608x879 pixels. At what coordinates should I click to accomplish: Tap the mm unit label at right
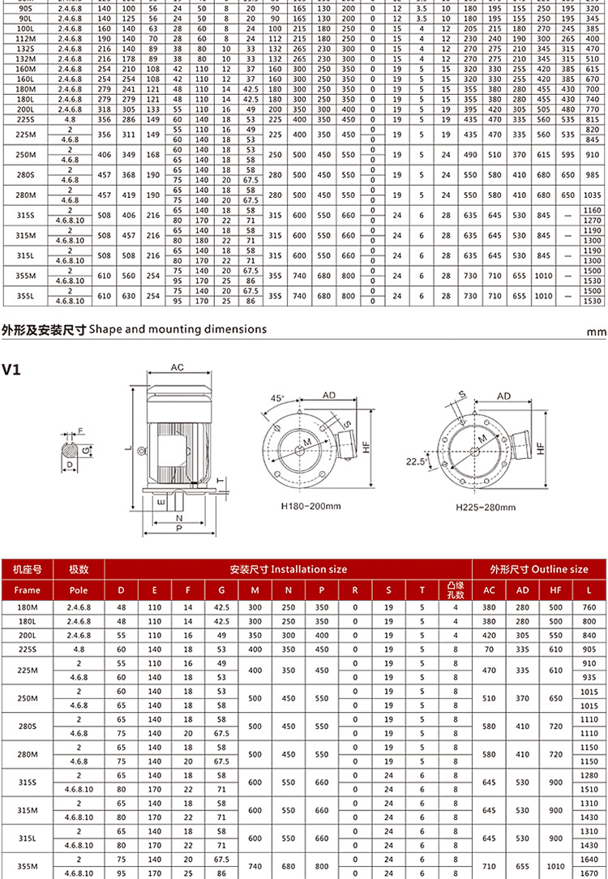tap(597, 332)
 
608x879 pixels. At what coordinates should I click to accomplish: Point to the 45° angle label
tap(277, 399)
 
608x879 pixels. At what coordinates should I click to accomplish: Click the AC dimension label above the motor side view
tap(178, 367)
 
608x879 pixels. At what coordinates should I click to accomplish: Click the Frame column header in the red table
tap(27, 590)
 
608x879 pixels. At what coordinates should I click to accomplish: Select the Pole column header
tap(79, 590)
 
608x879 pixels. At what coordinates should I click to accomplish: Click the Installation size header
tap(288, 569)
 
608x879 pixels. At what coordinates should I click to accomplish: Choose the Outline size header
tap(539, 569)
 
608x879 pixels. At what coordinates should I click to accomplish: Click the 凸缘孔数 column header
tap(456, 590)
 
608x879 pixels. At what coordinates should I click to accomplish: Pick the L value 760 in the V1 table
tap(589, 607)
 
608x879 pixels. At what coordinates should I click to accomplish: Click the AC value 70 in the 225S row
tap(489, 649)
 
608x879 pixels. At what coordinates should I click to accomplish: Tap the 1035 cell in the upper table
tap(593, 195)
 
